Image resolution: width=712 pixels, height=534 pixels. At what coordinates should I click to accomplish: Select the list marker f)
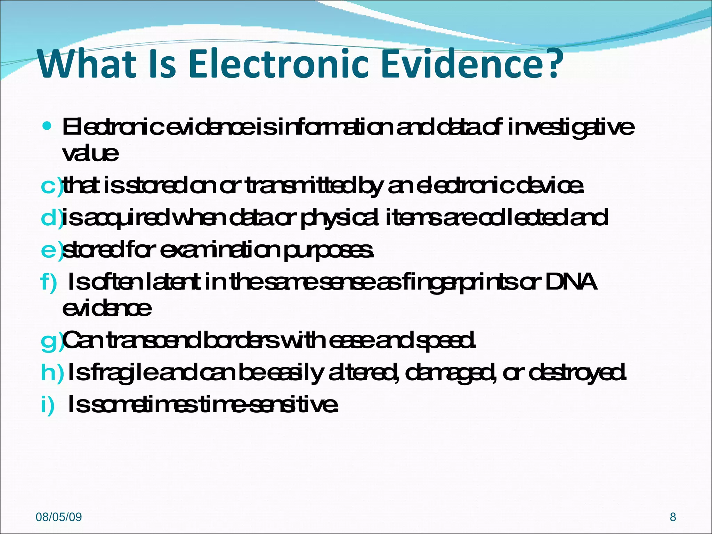point(49,282)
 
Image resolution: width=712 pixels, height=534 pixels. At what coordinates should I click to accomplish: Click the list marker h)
point(52,372)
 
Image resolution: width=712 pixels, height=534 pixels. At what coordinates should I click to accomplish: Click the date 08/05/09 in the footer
point(59,517)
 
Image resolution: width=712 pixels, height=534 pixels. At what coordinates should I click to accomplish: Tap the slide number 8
point(673,517)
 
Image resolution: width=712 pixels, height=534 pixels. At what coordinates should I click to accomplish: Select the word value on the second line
point(90,153)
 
